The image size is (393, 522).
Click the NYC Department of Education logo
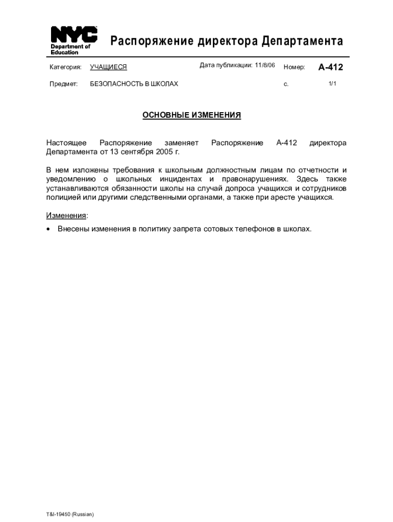coord(73,40)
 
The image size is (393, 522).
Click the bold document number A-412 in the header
coord(331,67)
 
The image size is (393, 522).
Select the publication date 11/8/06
coord(265,66)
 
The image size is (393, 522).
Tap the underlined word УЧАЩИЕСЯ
coord(108,67)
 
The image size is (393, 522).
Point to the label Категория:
coord(65,67)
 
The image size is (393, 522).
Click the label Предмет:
coord(63,84)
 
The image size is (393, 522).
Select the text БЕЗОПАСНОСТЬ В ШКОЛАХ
coord(134,84)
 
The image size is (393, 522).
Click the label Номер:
coord(294,67)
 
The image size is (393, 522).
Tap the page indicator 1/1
coord(332,84)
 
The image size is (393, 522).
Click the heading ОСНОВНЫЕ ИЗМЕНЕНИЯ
coord(191,115)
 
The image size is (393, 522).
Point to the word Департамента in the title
coord(303,41)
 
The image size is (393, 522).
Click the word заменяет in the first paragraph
coord(181,143)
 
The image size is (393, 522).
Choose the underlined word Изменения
coord(66,216)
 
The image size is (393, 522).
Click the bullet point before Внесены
coord(48,229)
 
